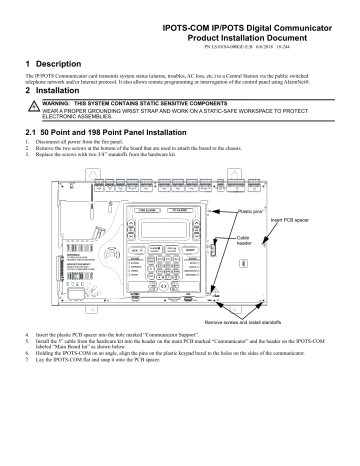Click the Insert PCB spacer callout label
pos(318,219)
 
